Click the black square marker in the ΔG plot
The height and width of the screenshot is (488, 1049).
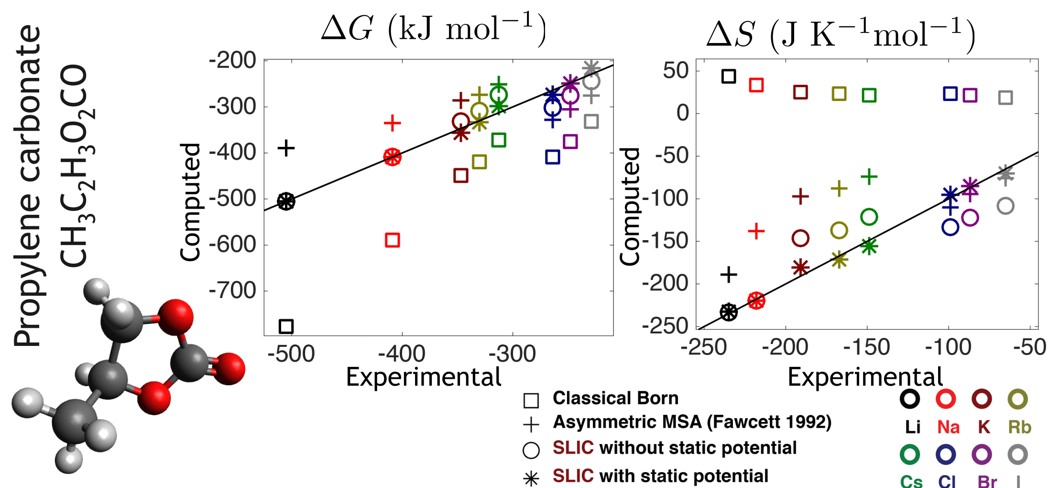[286, 327]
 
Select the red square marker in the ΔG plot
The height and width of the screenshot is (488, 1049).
[392, 240]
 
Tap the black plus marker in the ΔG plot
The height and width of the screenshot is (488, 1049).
[286, 148]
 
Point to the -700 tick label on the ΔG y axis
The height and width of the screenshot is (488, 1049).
[232, 290]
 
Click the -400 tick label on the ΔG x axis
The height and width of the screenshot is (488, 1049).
[402, 354]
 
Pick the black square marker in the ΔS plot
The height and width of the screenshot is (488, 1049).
[728, 76]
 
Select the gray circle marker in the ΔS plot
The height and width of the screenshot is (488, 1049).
[1005, 206]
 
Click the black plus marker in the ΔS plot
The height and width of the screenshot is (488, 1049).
[729, 275]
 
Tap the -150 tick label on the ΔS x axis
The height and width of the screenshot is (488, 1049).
[866, 347]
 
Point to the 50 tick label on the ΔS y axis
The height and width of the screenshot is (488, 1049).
[676, 71]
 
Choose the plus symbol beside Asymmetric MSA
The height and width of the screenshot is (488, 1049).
[531, 424]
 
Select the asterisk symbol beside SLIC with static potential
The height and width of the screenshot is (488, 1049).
[531, 478]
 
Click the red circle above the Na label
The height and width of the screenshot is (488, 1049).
[946, 399]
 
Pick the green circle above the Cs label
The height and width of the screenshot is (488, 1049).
[910, 454]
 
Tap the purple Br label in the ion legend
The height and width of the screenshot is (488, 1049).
[987, 481]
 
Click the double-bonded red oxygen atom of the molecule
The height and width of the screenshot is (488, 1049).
[229, 368]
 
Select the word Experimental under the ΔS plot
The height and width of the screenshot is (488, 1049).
[865, 377]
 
